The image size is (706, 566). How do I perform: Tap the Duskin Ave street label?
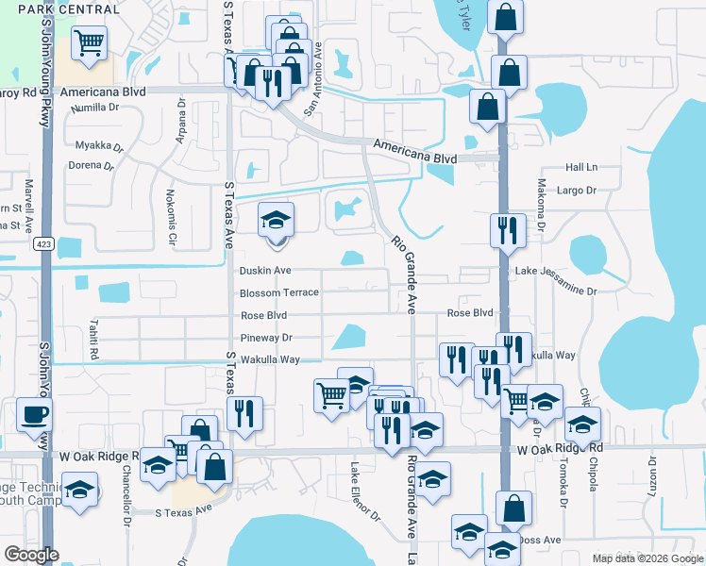pyautogui.click(x=265, y=270)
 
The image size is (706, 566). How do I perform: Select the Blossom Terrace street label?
pyautogui.click(x=279, y=292)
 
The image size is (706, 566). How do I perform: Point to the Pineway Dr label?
pyautogui.click(x=267, y=338)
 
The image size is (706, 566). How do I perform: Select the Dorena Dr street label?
pyautogui.click(x=91, y=165)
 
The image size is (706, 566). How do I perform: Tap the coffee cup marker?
pyautogui.click(x=34, y=414)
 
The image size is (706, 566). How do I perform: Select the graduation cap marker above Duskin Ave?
pyautogui.click(x=276, y=222)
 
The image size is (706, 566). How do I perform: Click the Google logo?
pyautogui.click(x=31, y=555)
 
